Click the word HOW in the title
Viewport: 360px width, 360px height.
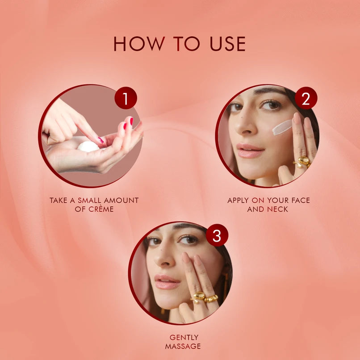[x=139, y=44]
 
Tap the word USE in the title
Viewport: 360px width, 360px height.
[x=228, y=44]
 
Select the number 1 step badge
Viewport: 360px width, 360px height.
[x=126, y=98]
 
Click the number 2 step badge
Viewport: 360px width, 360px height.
[x=306, y=98]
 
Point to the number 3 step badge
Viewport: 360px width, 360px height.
[x=217, y=235]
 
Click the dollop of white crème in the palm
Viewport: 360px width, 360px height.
[x=88, y=147]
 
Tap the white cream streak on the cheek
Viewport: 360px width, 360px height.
[x=282, y=127]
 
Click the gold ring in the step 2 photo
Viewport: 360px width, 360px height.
[x=302, y=162]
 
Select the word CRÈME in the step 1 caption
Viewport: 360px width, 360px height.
[x=101, y=209]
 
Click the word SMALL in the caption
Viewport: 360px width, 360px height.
[x=89, y=201]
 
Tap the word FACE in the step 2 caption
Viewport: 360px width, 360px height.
[x=301, y=201]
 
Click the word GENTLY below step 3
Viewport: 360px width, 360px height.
[x=184, y=337]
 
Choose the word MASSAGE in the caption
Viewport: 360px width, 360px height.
[x=183, y=346]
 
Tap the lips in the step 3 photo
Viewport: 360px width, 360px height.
[x=167, y=282]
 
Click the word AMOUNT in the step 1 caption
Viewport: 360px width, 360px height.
[x=121, y=201]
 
